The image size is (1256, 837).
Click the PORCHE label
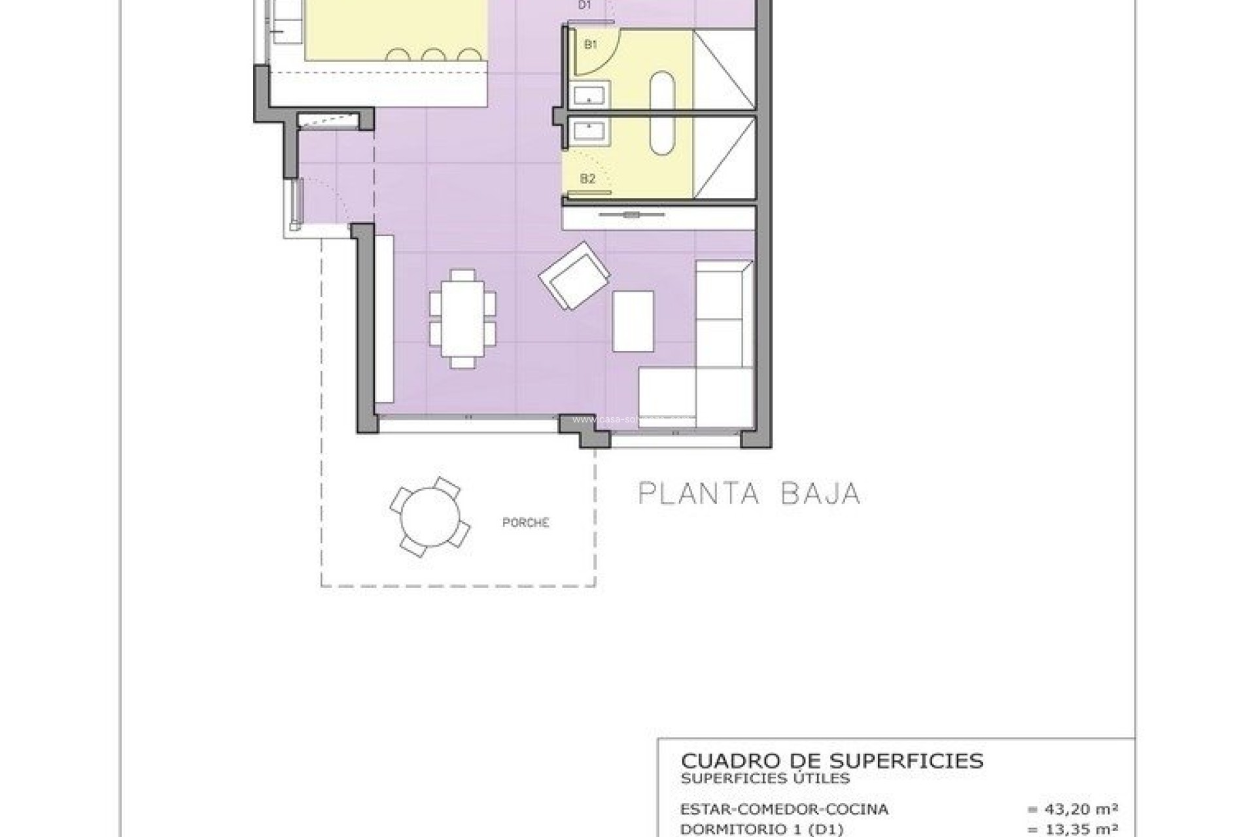click(525, 522)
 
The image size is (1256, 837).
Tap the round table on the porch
click(430, 517)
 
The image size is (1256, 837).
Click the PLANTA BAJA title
click(748, 494)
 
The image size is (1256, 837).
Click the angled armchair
click(574, 275)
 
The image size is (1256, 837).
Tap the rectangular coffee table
click(633, 321)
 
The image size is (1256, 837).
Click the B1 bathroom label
click(591, 44)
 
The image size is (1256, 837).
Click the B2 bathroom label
click(587, 178)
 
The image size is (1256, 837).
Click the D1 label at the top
click(584, 5)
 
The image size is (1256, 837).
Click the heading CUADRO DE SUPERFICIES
click(832, 760)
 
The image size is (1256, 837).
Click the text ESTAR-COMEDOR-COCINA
click(784, 810)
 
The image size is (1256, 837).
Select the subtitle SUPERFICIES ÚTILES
click(765, 778)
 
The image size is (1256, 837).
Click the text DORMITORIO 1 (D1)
click(762, 829)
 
